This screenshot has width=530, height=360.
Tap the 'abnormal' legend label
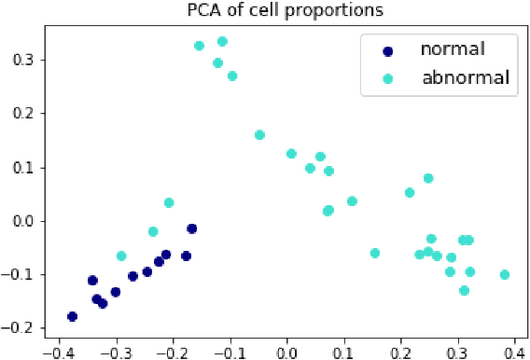(465, 77)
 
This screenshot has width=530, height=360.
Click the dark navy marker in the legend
(387, 50)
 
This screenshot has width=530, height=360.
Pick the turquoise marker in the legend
(387, 79)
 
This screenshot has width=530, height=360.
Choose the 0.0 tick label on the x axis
(286, 353)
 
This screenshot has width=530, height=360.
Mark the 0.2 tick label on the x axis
(400, 353)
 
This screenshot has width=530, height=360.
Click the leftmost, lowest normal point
(72, 316)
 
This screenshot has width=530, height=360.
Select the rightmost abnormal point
(505, 274)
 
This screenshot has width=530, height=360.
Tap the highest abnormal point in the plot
(222, 41)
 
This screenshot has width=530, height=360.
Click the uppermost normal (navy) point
(191, 228)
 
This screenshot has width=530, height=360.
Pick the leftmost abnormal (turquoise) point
(121, 256)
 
